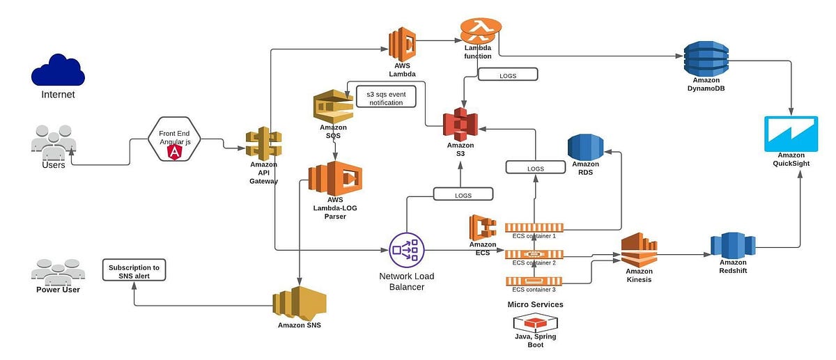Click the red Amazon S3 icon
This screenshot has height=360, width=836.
460,124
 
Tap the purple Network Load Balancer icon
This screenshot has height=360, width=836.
405,249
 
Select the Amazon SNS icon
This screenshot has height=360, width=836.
299,302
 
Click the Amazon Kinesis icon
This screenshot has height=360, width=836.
639,249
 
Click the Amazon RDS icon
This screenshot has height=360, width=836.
585,148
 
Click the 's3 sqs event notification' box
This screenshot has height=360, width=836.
385,97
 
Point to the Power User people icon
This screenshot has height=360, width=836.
58,272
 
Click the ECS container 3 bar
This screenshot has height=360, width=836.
534,281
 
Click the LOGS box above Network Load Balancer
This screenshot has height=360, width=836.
463,195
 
